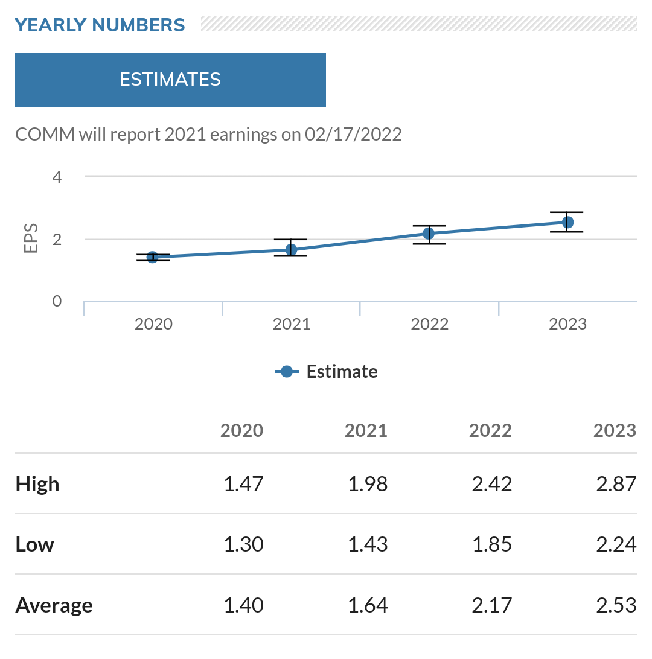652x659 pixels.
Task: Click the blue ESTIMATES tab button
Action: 170,80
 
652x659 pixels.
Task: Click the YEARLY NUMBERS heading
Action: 100,25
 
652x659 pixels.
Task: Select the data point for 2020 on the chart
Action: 153,258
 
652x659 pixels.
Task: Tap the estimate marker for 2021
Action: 291,250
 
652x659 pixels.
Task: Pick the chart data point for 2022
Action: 429,234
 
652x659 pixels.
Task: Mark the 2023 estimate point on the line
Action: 567,223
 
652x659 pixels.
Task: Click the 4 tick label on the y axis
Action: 57,177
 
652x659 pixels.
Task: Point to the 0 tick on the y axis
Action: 57,301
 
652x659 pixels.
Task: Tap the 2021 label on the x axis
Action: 292,324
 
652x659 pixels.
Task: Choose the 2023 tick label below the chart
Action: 567,324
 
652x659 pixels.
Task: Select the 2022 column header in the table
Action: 490,430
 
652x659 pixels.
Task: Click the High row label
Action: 37,484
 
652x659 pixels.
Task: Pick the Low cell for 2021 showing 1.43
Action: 368,545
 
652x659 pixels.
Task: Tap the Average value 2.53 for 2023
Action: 616,605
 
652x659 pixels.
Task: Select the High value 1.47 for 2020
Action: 243,484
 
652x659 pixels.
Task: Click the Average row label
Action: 54,605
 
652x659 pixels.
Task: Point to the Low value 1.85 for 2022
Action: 491,545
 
